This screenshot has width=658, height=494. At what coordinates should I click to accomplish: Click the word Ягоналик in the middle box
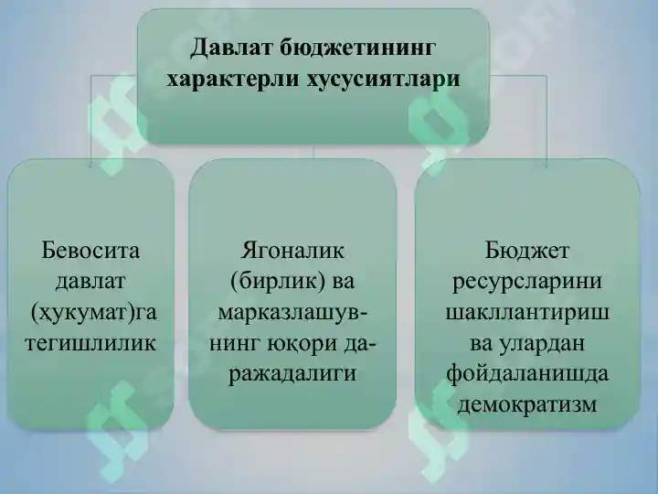click(292, 249)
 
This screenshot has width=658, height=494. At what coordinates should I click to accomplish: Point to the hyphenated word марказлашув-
click(293, 312)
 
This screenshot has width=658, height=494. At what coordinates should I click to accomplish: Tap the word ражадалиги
click(292, 374)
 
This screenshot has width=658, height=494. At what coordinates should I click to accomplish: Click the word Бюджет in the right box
click(527, 249)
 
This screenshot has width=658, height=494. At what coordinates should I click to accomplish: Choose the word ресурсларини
click(527, 280)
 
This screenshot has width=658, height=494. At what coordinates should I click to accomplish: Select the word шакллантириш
click(527, 312)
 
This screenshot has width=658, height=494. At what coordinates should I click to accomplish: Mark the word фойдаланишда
click(527, 374)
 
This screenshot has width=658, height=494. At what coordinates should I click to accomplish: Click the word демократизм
click(527, 404)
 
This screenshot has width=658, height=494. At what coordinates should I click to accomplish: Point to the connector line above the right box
click(546, 119)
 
